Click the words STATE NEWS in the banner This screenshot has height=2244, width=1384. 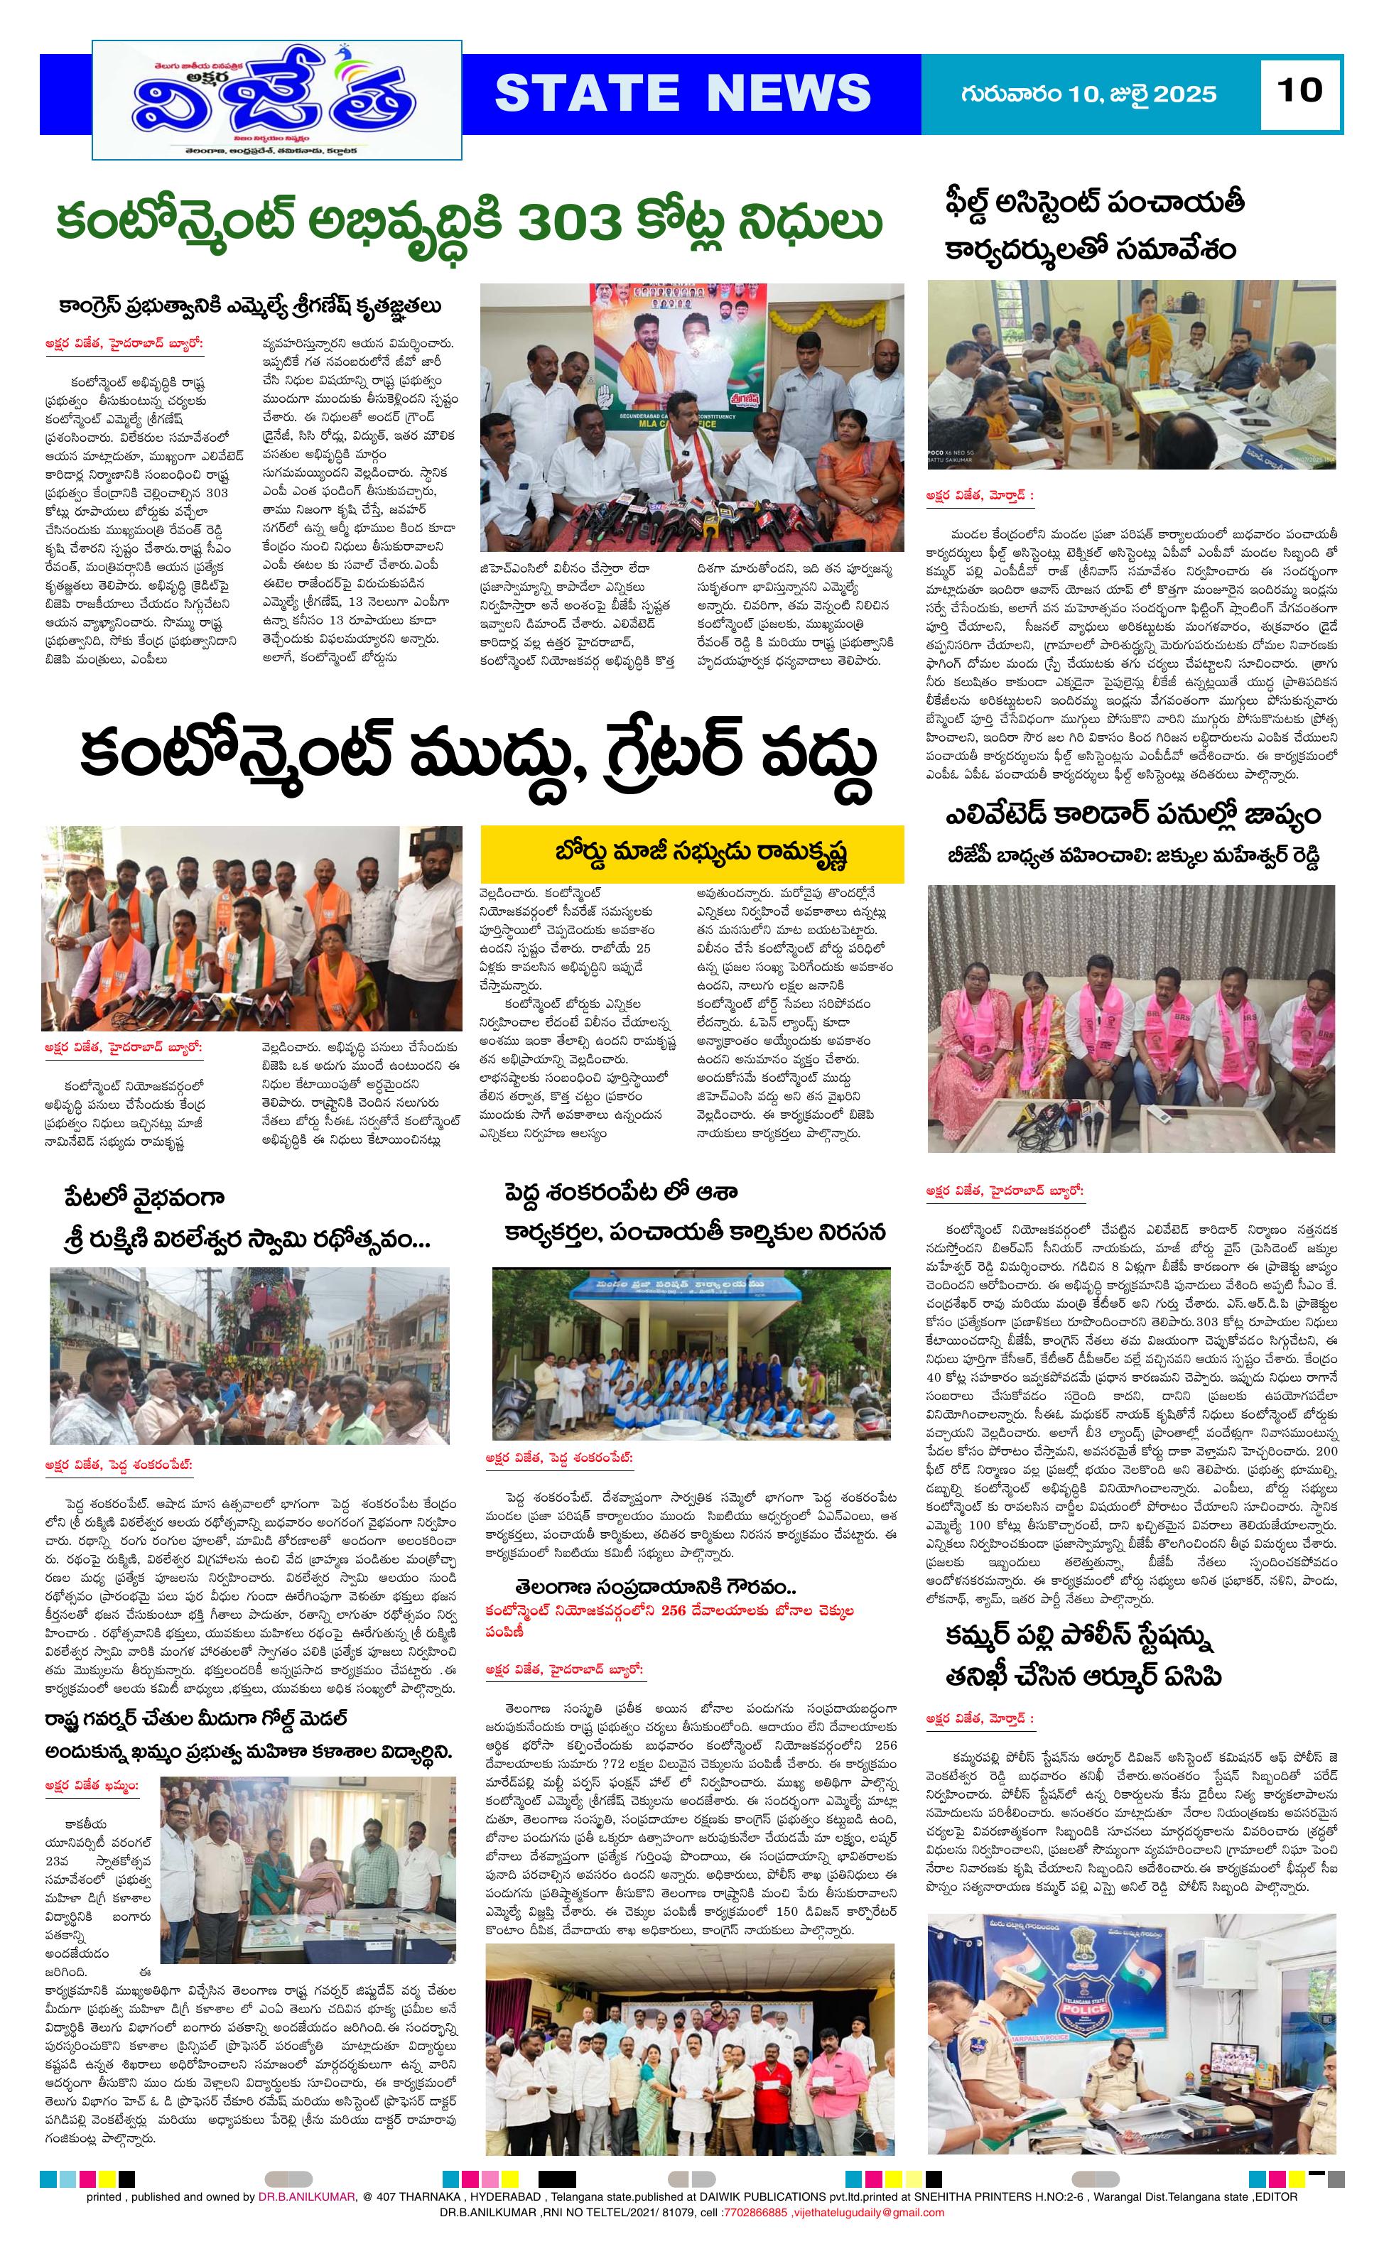682,93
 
